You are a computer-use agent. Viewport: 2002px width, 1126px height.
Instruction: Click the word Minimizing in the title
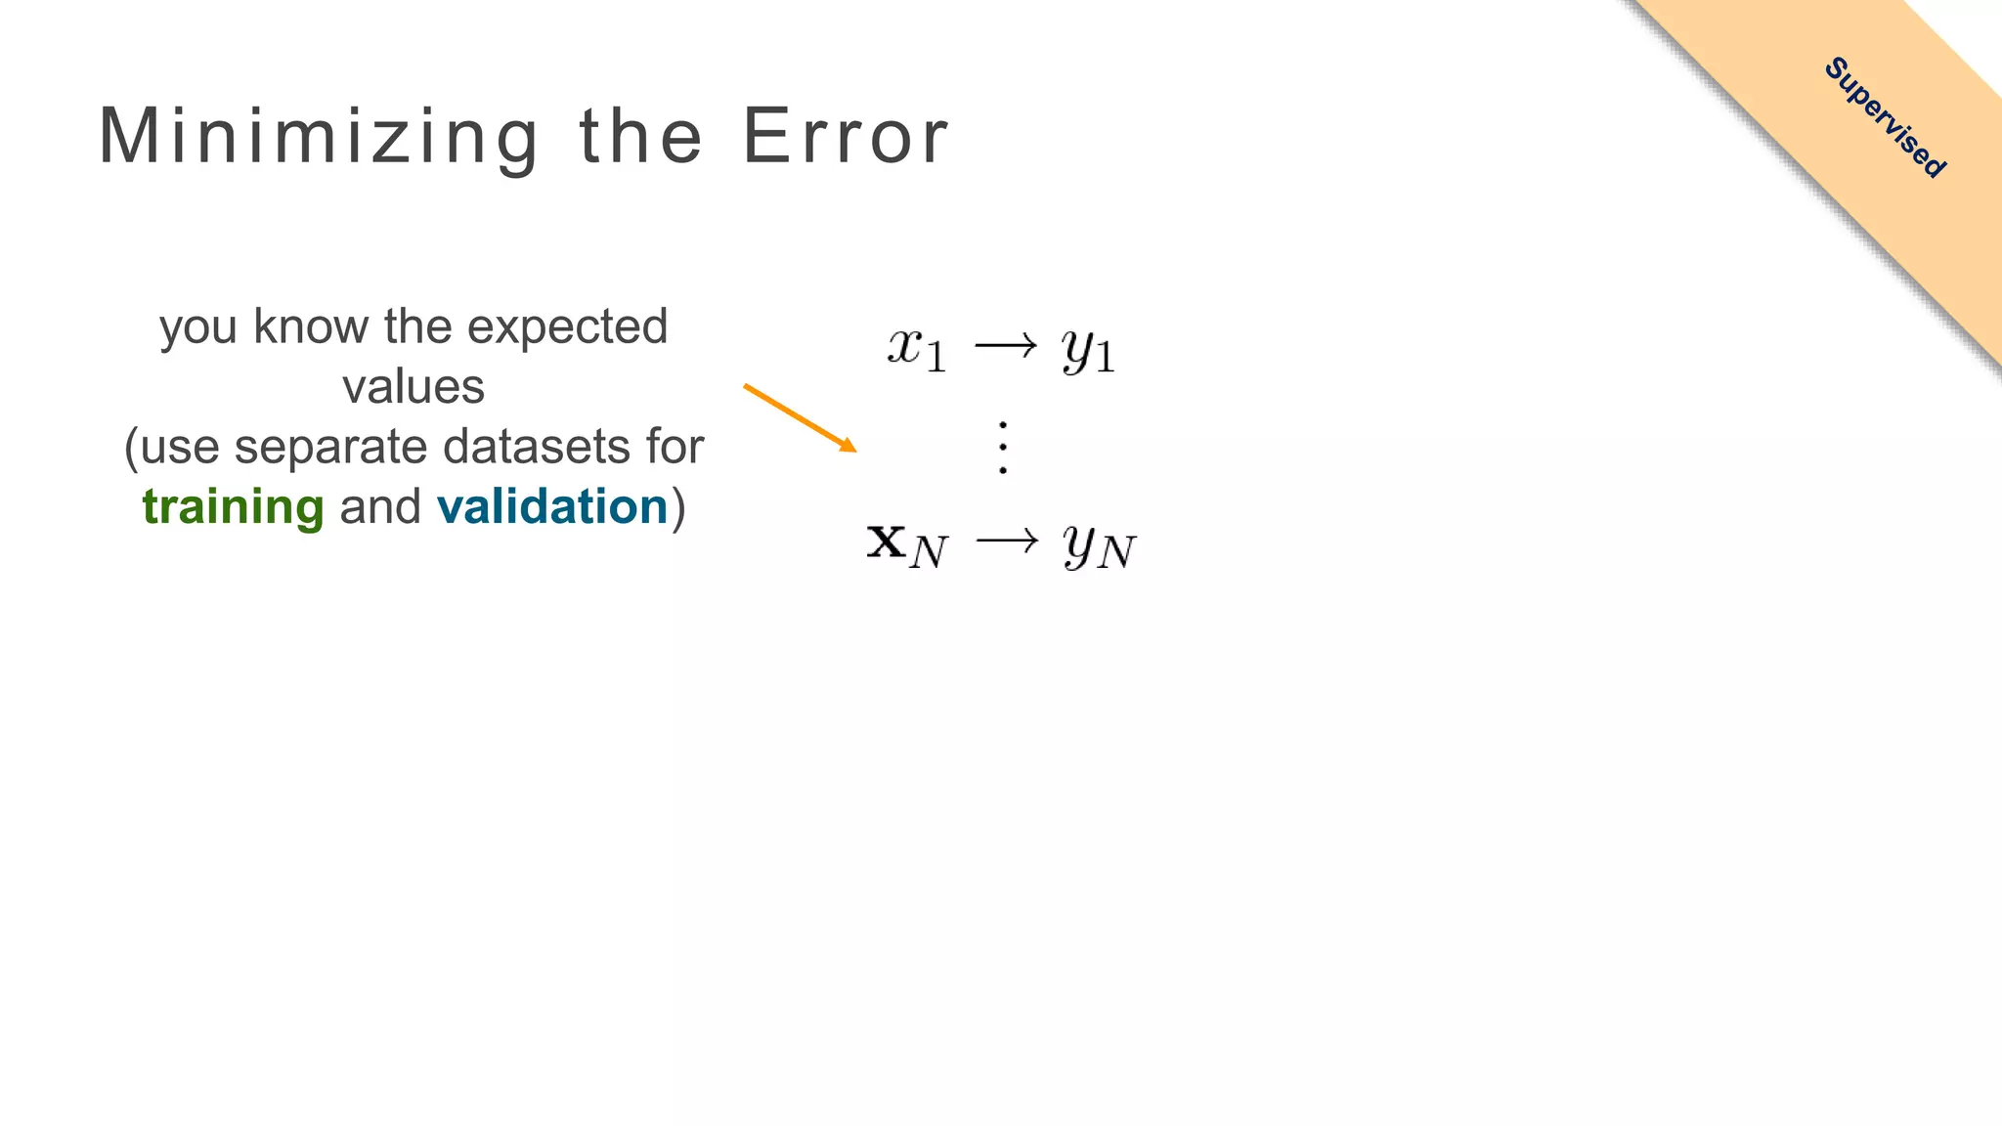point(319,137)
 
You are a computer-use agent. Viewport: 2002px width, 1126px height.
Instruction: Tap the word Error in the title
point(846,137)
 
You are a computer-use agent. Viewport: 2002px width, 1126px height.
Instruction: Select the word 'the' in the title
point(641,137)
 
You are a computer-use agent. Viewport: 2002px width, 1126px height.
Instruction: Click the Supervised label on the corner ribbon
point(1885,117)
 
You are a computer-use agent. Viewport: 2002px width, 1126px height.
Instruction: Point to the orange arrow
point(800,418)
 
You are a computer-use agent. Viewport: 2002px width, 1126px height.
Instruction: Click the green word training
point(233,507)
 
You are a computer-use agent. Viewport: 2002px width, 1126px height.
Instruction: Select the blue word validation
point(552,506)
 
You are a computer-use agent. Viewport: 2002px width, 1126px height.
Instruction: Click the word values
point(413,387)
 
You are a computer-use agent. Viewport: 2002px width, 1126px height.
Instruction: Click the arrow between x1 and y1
point(1005,345)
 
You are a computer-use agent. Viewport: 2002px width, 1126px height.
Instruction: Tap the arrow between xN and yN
point(1007,541)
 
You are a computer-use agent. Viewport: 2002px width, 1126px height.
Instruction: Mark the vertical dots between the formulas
point(1003,448)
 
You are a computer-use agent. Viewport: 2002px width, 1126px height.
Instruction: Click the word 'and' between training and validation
point(380,506)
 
